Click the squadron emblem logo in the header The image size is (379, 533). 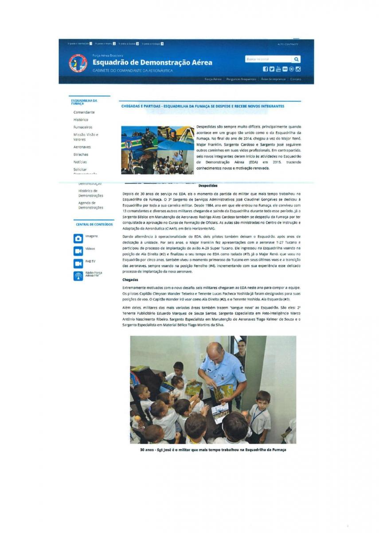pos(78,63)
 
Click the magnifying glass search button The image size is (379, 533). pos(296,59)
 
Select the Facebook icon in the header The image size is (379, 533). pos(266,69)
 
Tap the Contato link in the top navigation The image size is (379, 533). pos(295,79)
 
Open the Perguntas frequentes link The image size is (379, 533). pos(241,79)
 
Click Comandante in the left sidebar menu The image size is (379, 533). pos(84,112)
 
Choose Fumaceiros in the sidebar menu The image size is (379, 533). pos(83,127)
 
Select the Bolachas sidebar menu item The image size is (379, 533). pos(81,155)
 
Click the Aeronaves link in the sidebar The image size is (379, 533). pos(82,147)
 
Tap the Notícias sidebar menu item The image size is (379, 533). pos(80,162)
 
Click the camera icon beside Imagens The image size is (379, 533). pos(78,239)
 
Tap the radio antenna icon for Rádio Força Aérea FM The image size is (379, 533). pos(78,276)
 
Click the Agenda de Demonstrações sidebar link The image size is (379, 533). pos(90,205)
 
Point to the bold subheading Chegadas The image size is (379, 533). pos(130,280)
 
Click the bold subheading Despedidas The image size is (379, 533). pos(207,186)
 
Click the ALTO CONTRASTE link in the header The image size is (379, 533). pos(288,44)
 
